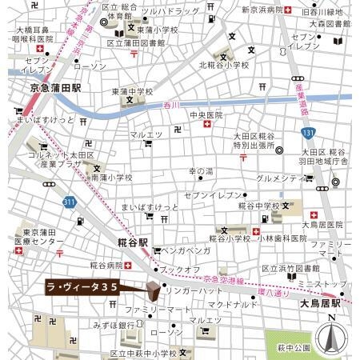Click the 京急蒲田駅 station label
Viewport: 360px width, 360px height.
55,87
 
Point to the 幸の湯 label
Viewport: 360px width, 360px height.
201,171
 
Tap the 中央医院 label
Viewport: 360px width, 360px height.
206,115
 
